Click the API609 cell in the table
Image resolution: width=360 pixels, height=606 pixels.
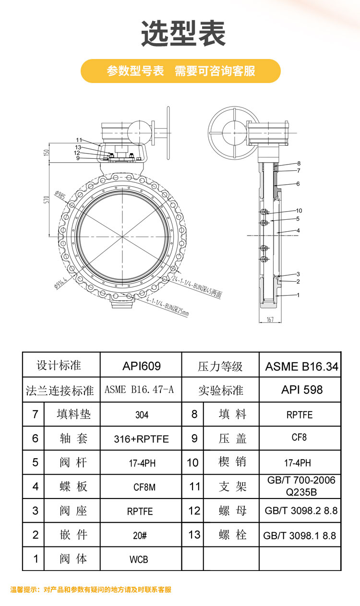click(141, 367)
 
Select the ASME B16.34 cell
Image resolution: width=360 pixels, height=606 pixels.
click(301, 367)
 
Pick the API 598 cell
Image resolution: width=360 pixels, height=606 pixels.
click(301, 390)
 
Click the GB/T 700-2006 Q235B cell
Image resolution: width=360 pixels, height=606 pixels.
click(300, 486)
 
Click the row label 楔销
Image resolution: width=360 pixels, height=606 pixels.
click(232, 462)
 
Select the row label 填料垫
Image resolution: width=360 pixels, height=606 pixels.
click(73, 414)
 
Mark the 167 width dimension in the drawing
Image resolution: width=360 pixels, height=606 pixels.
click(270, 320)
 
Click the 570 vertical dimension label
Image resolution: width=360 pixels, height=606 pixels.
click(47, 199)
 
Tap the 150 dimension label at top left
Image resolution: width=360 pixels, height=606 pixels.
click(47, 153)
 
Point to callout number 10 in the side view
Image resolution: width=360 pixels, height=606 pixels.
click(299, 211)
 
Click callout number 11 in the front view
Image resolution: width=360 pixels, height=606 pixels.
click(79, 140)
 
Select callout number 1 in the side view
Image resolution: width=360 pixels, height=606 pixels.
click(298, 295)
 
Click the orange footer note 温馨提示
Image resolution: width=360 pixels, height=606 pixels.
click(91, 590)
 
